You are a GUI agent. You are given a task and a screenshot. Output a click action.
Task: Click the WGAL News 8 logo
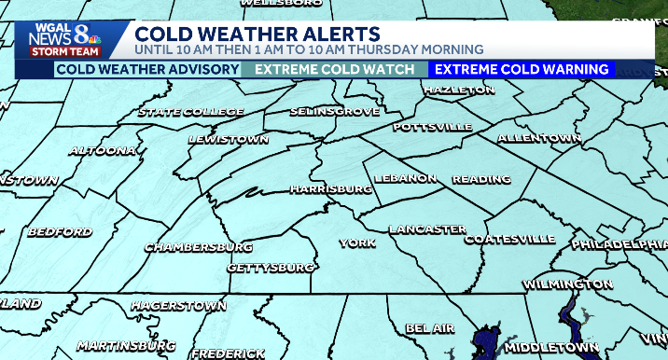coord(63,38)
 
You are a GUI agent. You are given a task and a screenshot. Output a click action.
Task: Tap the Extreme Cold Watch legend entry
coord(334,70)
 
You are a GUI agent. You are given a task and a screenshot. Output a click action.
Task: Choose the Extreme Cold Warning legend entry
coord(522,70)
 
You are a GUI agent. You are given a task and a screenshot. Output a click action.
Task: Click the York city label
coord(357,242)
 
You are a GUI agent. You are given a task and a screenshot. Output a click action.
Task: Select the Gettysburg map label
coord(271,268)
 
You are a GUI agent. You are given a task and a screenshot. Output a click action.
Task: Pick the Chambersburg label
coord(198,247)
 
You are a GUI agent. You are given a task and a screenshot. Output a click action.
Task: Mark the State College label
coord(190,113)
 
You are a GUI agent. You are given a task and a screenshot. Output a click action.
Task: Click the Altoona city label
coord(102,149)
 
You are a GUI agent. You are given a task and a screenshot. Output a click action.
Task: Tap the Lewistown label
coord(229,139)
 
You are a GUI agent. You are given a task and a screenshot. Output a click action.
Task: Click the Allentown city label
coord(539,138)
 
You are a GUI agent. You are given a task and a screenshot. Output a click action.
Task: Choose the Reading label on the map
coord(480,179)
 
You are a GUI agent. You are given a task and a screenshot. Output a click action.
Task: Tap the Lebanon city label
coord(405,178)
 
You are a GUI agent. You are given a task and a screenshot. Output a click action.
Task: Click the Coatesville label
coord(509,240)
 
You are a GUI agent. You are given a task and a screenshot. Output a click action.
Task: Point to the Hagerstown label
coord(178,305)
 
